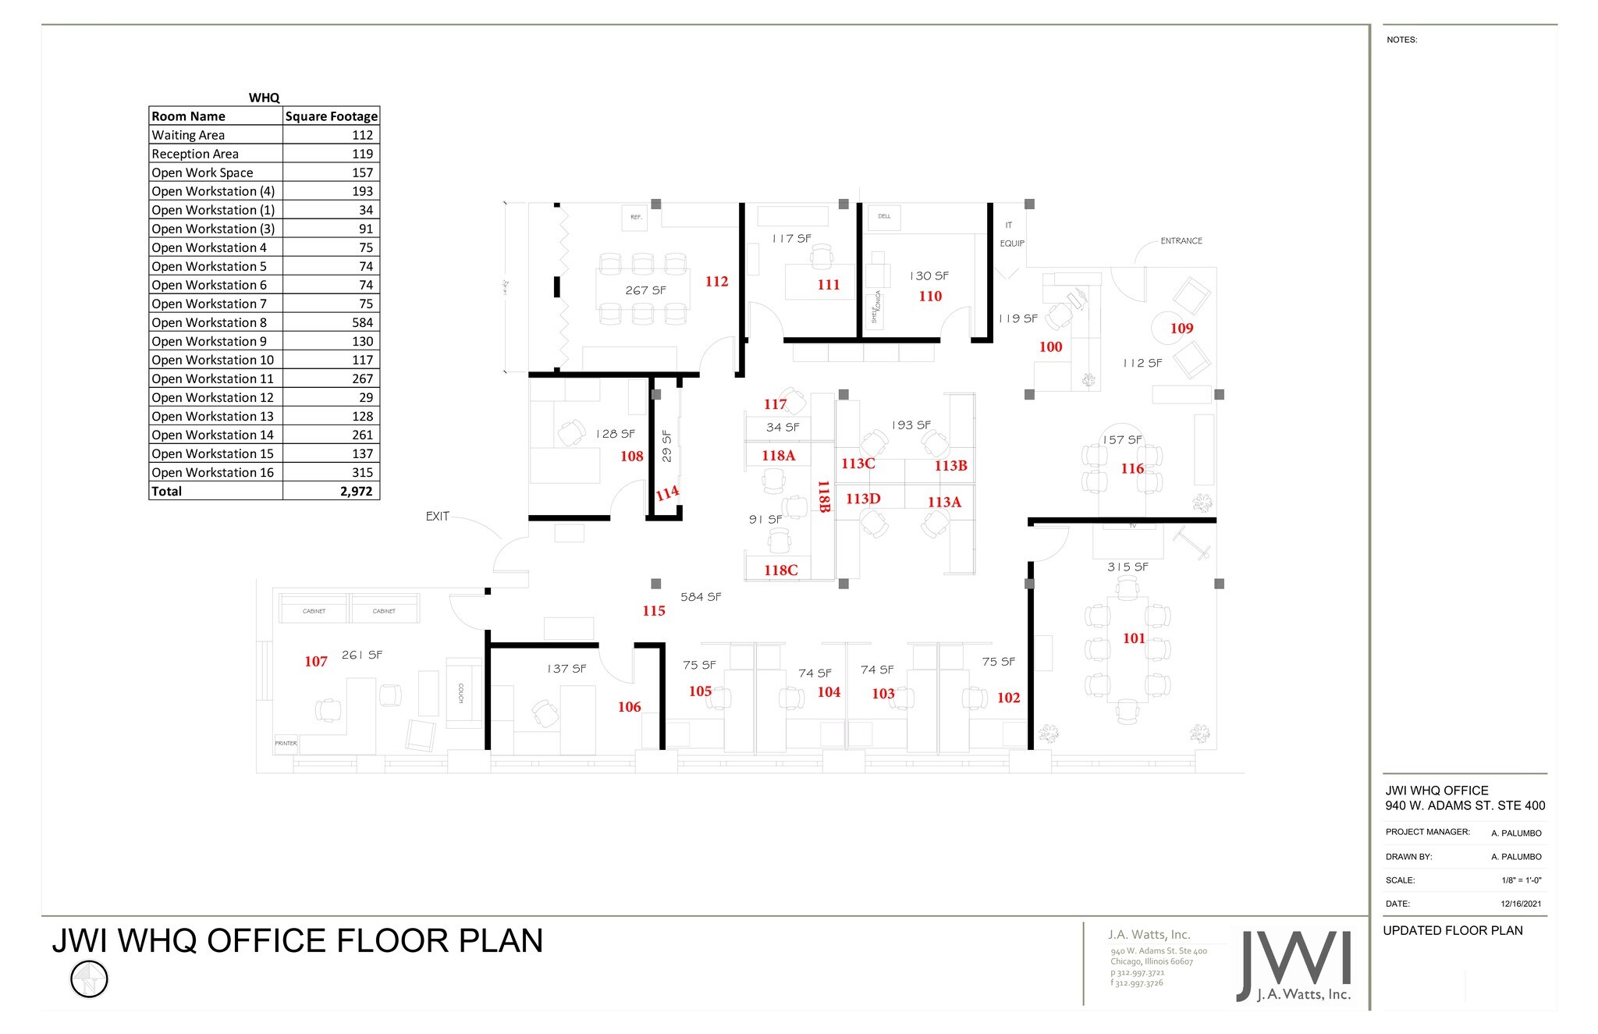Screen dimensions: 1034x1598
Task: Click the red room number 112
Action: click(x=716, y=282)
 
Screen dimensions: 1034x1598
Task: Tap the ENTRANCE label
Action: click(x=1181, y=241)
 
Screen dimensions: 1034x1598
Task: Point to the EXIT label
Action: click(x=437, y=517)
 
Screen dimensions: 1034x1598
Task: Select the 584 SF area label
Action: click(x=701, y=597)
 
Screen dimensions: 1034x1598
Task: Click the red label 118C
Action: click(x=780, y=570)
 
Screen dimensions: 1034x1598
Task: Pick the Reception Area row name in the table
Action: click(x=195, y=154)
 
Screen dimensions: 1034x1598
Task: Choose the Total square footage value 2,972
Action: click(x=356, y=491)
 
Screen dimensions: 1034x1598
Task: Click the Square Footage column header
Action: click(x=331, y=116)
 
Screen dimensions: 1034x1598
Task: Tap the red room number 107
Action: click(x=316, y=662)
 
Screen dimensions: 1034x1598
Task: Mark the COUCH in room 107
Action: click(x=461, y=693)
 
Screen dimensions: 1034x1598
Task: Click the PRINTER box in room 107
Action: click(x=286, y=743)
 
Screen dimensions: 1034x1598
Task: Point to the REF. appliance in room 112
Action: click(x=636, y=217)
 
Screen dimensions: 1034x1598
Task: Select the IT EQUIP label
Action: click(x=1011, y=234)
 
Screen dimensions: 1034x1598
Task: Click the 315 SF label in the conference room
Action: click(x=1127, y=567)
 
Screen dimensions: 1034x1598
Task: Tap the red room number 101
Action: click(x=1134, y=638)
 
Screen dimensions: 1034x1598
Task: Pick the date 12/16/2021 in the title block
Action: click(x=1521, y=904)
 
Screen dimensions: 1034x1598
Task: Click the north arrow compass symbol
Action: click(x=89, y=979)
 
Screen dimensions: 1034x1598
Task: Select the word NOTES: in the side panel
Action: click(x=1401, y=40)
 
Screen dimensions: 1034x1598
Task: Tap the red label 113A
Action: click(x=944, y=503)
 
